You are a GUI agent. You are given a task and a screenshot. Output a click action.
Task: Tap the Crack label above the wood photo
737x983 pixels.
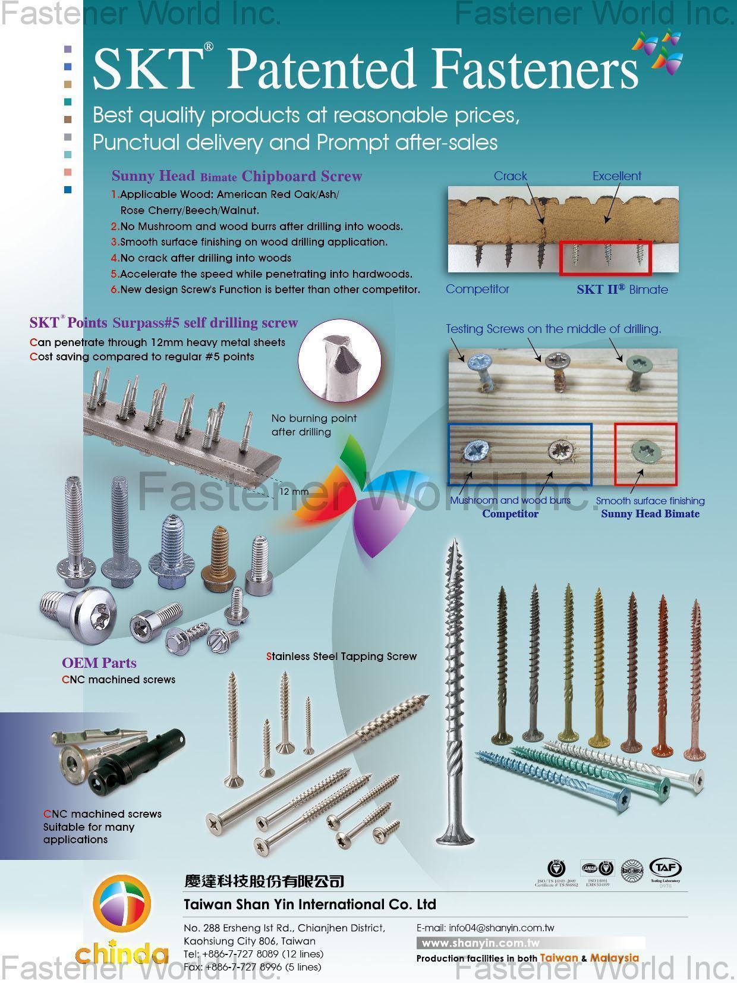[x=510, y=176]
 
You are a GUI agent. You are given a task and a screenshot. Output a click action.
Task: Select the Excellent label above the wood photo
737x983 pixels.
[x=616, y=176]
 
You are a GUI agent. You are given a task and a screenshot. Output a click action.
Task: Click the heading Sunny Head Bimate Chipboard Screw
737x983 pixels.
[x=237, y=176]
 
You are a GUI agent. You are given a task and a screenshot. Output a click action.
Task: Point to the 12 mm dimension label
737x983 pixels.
[x=294, y=492]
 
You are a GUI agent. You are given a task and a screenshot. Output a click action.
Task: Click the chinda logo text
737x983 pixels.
[x=122, y=953]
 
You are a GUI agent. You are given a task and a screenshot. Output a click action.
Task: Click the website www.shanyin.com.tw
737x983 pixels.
[x=480, y=943]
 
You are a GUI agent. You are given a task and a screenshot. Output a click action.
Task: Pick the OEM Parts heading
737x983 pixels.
[x=99, y=663]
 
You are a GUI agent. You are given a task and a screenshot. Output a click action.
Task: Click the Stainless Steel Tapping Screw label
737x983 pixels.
[x=342, y=657]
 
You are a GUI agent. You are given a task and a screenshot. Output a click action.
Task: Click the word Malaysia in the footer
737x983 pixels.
[x=615, y=958]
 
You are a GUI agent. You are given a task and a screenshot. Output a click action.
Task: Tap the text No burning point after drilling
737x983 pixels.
[x=314, y=425]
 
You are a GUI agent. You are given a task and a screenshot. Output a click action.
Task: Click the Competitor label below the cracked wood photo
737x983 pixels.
[x=477, y=289]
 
